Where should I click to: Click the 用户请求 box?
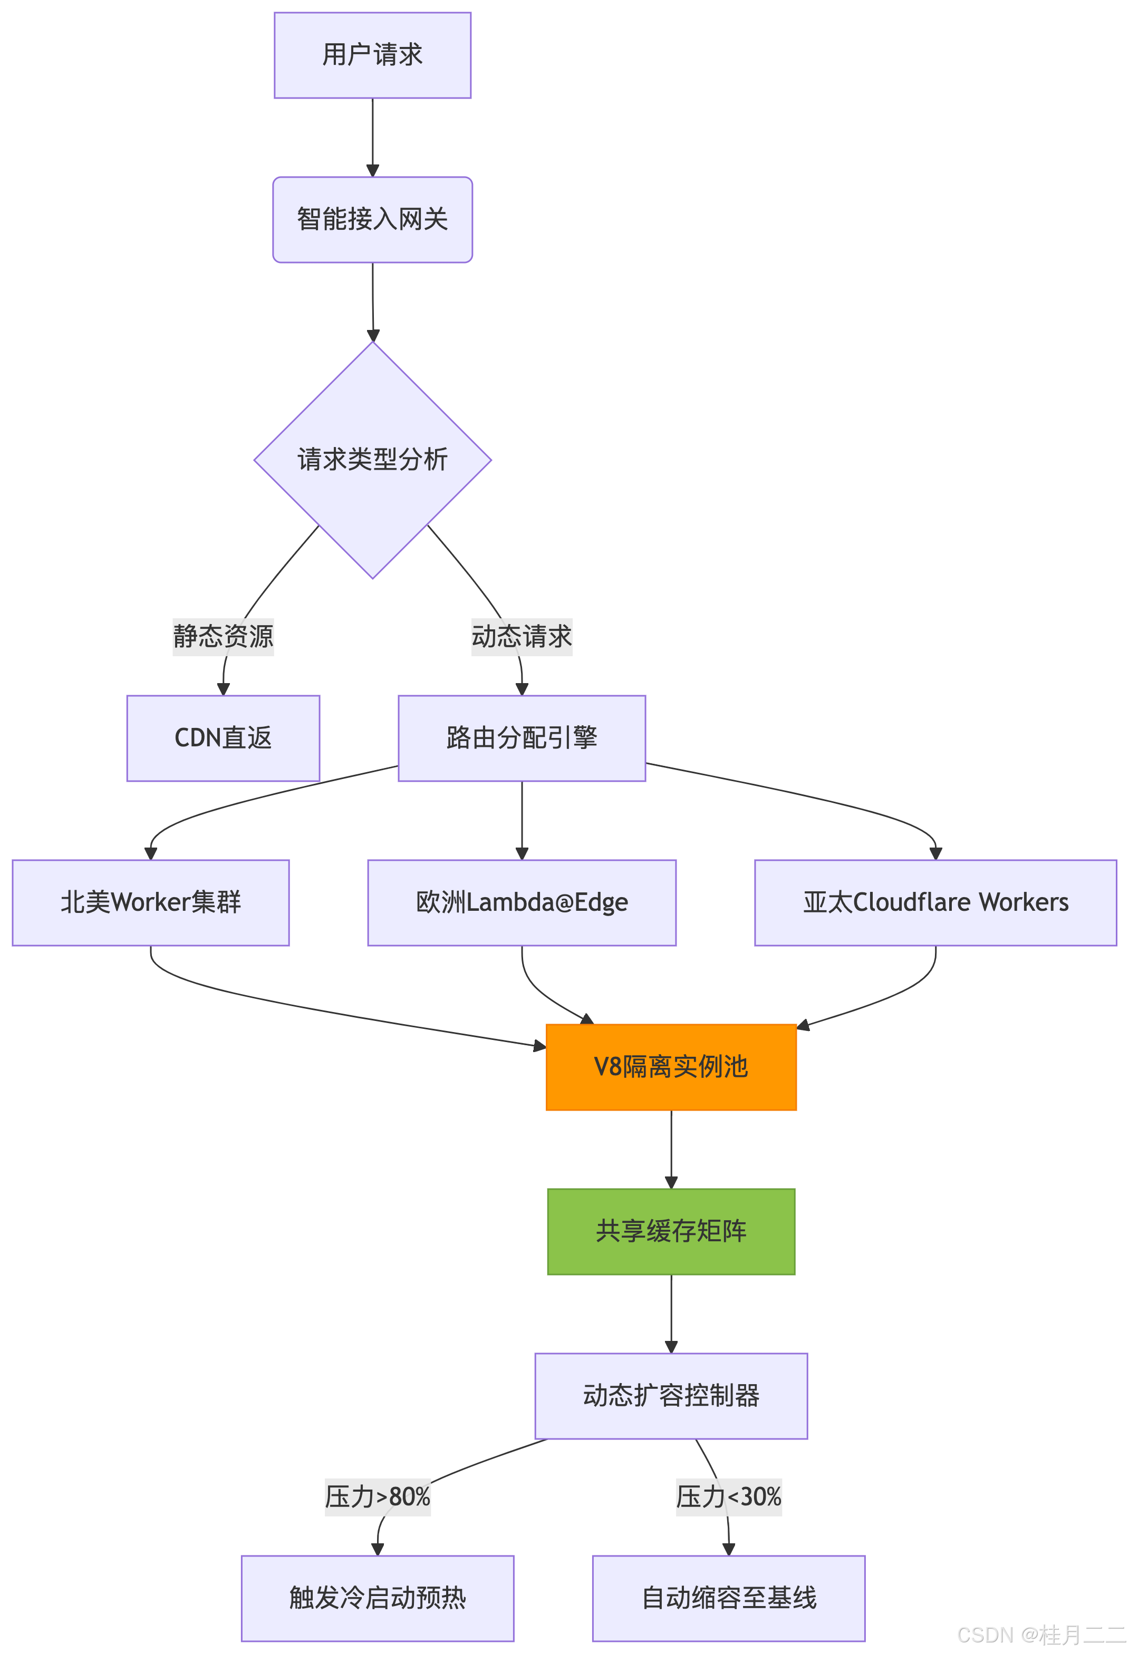coord(372,55)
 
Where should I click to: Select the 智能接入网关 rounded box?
coord(372,219)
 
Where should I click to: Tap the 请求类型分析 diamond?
coord(372,460)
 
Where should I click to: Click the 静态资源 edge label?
coord(223,636)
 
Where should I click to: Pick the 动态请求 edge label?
coord(522,636)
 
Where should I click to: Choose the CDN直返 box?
coord(223,738)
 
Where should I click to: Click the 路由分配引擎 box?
coord(522,738)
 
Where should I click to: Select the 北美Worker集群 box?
coord(150,902)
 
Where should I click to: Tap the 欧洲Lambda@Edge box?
coord(522,902)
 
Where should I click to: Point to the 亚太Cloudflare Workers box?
coord(935,902)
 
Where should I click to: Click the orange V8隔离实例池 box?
coord(671,1067)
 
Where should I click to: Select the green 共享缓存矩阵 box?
coord(671,1231)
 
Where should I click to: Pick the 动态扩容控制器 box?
coord(671,1396)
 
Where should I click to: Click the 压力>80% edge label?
coord(377,1497)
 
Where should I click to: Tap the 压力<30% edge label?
coord(729,1497)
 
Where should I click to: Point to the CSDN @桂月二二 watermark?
coord(1039,1634)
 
